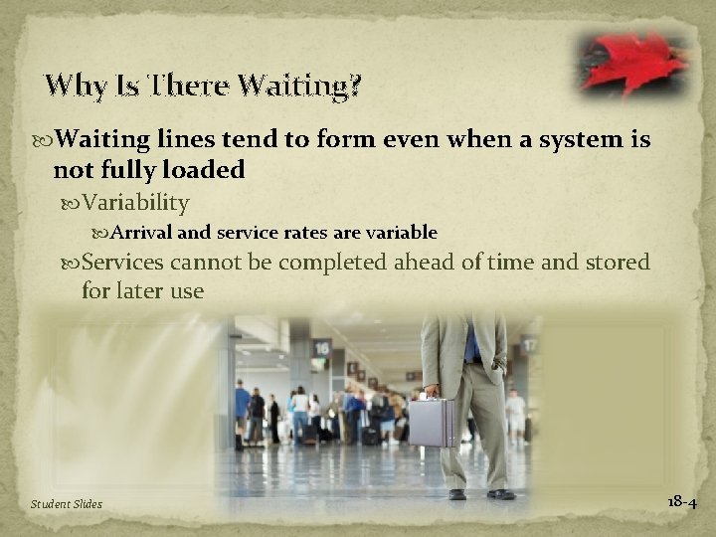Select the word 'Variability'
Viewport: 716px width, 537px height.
136,203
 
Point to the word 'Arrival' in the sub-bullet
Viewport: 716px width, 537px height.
169,233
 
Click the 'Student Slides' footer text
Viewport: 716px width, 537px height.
66,504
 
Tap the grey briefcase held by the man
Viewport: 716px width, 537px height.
432,422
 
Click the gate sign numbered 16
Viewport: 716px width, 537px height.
320,348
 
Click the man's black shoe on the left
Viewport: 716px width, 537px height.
456,493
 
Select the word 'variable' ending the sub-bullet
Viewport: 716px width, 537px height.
404,233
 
